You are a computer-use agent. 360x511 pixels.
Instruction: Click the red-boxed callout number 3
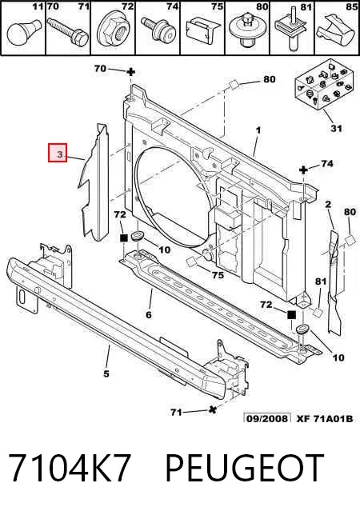click(58, 153)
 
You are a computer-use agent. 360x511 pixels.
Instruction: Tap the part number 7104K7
click(70, 468)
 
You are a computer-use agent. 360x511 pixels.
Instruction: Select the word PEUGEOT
click(245, 468)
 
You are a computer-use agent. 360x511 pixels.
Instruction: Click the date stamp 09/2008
click(267, 418)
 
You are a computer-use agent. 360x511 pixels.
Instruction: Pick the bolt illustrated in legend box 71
click(68, 31)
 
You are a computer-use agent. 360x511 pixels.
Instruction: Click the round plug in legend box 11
click(24, 34)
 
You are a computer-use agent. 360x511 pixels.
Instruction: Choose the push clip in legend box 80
click(247, 31)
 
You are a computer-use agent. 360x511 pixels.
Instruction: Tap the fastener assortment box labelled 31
click(323, 85)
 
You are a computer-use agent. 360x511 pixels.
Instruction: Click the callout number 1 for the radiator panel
click(258, 130)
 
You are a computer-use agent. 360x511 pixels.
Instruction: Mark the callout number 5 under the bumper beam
click(106, 373)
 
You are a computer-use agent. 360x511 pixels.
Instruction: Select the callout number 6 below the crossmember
click(149, 315)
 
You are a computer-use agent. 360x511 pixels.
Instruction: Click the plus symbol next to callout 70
click(130, 72)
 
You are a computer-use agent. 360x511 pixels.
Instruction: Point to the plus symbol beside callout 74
click(303, 170)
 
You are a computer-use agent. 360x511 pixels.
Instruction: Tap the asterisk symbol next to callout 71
click(212, 410)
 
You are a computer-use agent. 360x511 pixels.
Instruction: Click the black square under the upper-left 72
click(124, 238)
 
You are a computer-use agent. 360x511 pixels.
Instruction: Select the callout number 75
click(218, 275)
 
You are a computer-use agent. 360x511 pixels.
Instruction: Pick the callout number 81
click(321, 281)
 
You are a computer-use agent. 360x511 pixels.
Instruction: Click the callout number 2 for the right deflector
click(328, 205)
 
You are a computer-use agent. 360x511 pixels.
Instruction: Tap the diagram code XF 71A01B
click(325, 418)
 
